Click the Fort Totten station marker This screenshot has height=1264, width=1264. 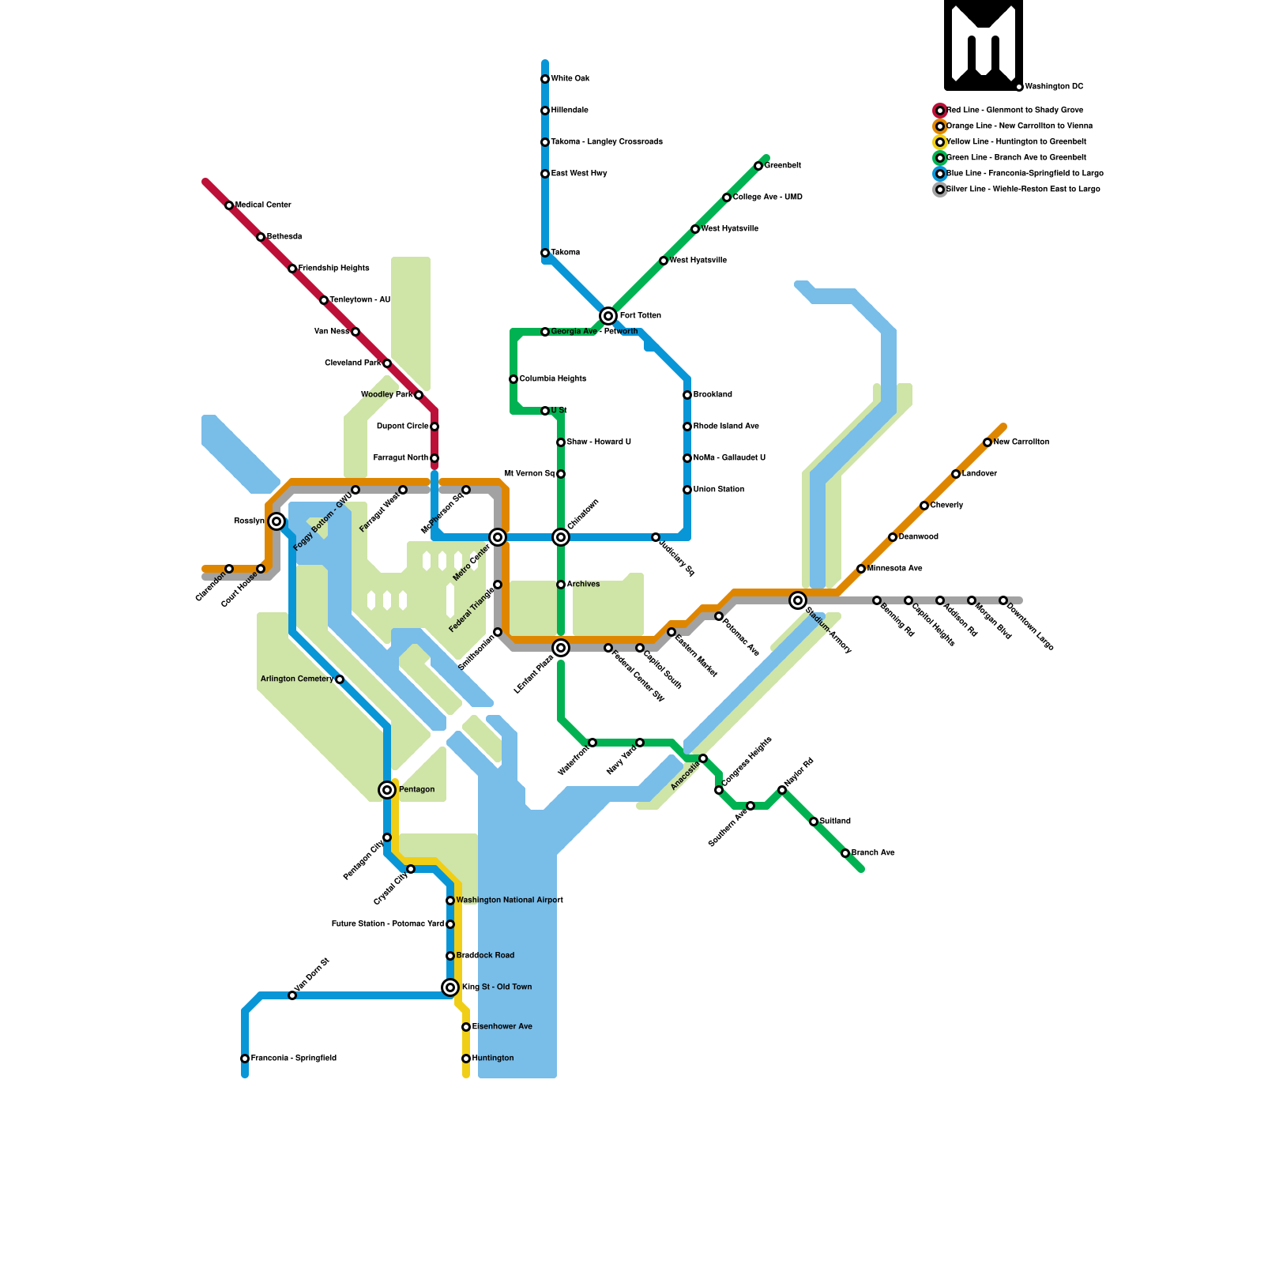click(x=608, y=316)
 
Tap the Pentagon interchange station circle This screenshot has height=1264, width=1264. click(x=387, y=790)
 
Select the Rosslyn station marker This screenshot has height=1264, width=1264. click(x=276, y=521)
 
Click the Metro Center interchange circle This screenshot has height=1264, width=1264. click(x=498, y=537)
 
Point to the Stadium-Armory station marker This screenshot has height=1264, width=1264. click(x=798, y=600)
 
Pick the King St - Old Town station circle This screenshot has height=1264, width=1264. click(x=450, y=987)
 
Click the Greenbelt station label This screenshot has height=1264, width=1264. click(x=783, y=166)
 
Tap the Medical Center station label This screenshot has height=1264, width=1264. click(x=263, y=205)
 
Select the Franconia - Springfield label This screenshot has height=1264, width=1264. click(x=294, y=1059)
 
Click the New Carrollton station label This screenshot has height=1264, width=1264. click(x=1021, y=442)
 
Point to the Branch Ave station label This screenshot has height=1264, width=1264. click(x=873, y=853)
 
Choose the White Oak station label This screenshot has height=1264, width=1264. click(x=570, y=79)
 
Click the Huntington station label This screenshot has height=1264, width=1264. click(x=493, y=1059)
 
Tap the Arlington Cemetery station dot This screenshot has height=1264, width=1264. click(x=340, y=679)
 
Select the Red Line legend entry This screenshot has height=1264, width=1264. click(x=1014, y=111)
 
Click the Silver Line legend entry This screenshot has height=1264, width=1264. click(x=1023, y=190)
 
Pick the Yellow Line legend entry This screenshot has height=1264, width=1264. click(x=1016, y=142)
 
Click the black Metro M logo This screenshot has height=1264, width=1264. click(x=984, y=45)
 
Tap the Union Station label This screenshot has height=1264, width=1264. click(x=719, y=490)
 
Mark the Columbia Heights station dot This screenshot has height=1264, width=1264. click(x=513, y=379)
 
